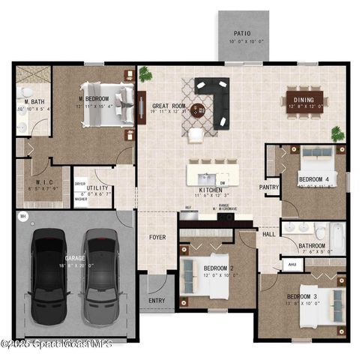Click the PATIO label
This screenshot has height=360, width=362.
241,33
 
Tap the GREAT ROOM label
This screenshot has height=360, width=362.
169,106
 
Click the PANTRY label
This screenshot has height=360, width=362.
268,187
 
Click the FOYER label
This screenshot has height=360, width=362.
157,238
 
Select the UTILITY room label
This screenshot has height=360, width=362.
98,188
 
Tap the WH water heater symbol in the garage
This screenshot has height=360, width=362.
22,217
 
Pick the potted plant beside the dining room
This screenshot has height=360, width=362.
338,133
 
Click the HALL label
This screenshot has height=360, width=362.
268,234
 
